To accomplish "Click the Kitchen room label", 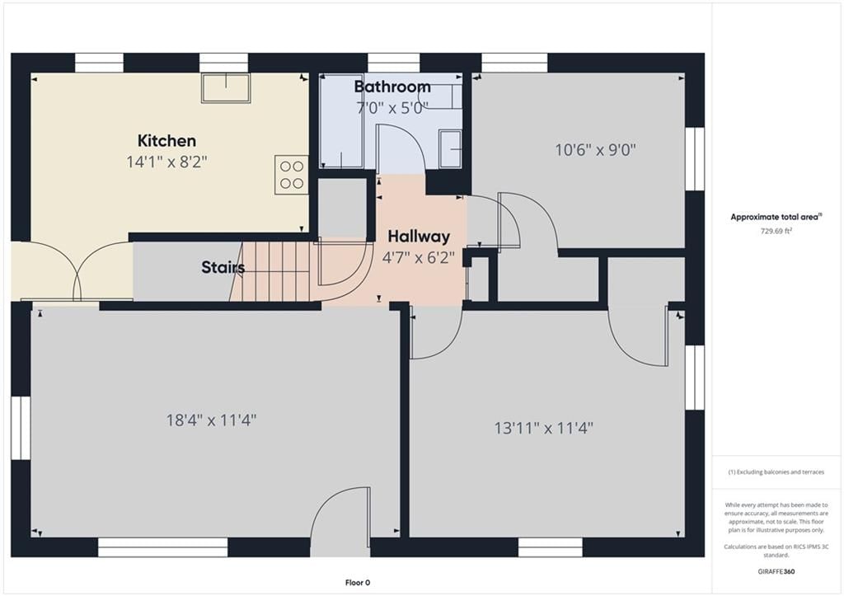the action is tap(166, 141).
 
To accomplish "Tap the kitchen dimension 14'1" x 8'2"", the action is tap(166, 162).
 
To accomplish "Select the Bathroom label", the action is tap(392, 87).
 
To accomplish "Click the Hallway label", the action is tap(419, 237).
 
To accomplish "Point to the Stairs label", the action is tap(223, 267).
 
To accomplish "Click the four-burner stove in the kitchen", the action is tap(291, 175).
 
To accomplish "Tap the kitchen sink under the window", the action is tap(226, 87).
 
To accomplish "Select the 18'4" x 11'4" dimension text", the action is tap(211, 420).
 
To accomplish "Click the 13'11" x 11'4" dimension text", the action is tap(544, 428).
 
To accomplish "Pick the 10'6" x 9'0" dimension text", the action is tap(595, 150).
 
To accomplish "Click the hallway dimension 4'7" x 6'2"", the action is tap(418, 258).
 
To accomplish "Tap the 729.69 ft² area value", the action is tap(776, 231).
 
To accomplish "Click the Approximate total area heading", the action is tap(776, 217).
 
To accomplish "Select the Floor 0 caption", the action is tap(358, 583).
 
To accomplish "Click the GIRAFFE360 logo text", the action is tap(776, 571).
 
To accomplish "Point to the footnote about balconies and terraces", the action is tap(776, 472).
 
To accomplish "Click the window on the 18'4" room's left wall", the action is tap(21, 428).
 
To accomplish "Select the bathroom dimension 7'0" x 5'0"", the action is tap(392, 108).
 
